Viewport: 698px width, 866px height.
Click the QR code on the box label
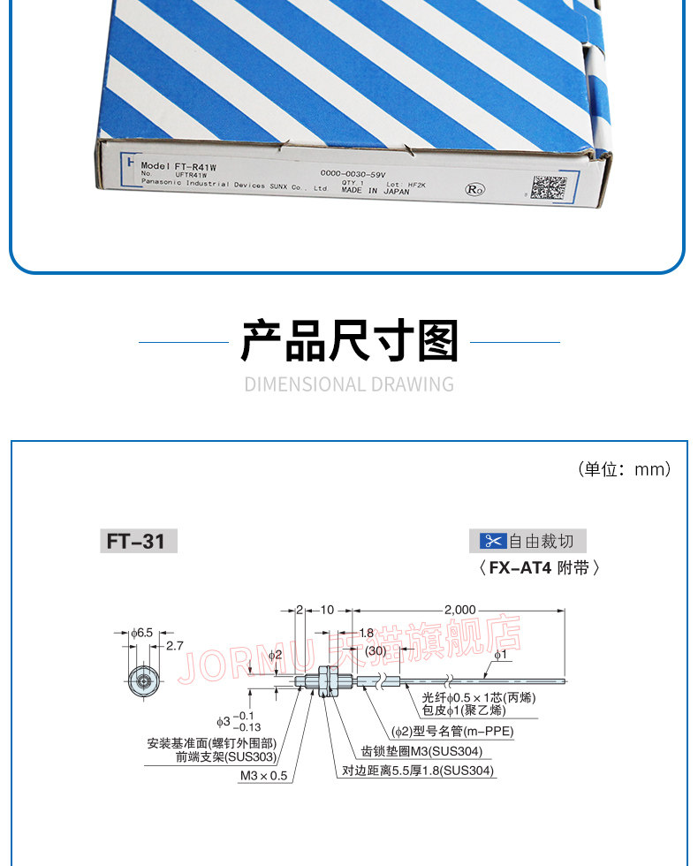(549, 187)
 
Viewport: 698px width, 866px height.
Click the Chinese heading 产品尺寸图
(350, 342)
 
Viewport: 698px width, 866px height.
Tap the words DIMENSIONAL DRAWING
(349, 384)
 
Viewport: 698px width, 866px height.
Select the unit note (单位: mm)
(624, 468)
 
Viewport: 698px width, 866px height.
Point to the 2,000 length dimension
(459, 610)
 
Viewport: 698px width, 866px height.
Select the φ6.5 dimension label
(142, 633)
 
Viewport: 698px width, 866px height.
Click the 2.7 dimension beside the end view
(175, 646)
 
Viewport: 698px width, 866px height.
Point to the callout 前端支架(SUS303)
(225, 756)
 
